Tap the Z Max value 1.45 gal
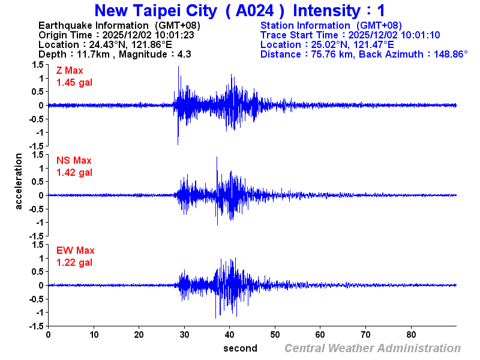(74, 82)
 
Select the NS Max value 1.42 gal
(74, 172)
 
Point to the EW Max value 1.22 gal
(74, 262)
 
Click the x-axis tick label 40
(230, 335)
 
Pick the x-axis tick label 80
(412, 335)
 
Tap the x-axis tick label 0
(48, 335)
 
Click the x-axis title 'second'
(240, 348)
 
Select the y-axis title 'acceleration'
(19, 181)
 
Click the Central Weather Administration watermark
(372, 348)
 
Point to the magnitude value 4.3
(184, 54)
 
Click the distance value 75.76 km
(329, 54)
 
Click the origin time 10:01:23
(175, 35)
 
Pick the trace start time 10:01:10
(421, 35)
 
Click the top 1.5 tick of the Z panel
(37, 65)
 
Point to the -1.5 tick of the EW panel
(36, 326)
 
